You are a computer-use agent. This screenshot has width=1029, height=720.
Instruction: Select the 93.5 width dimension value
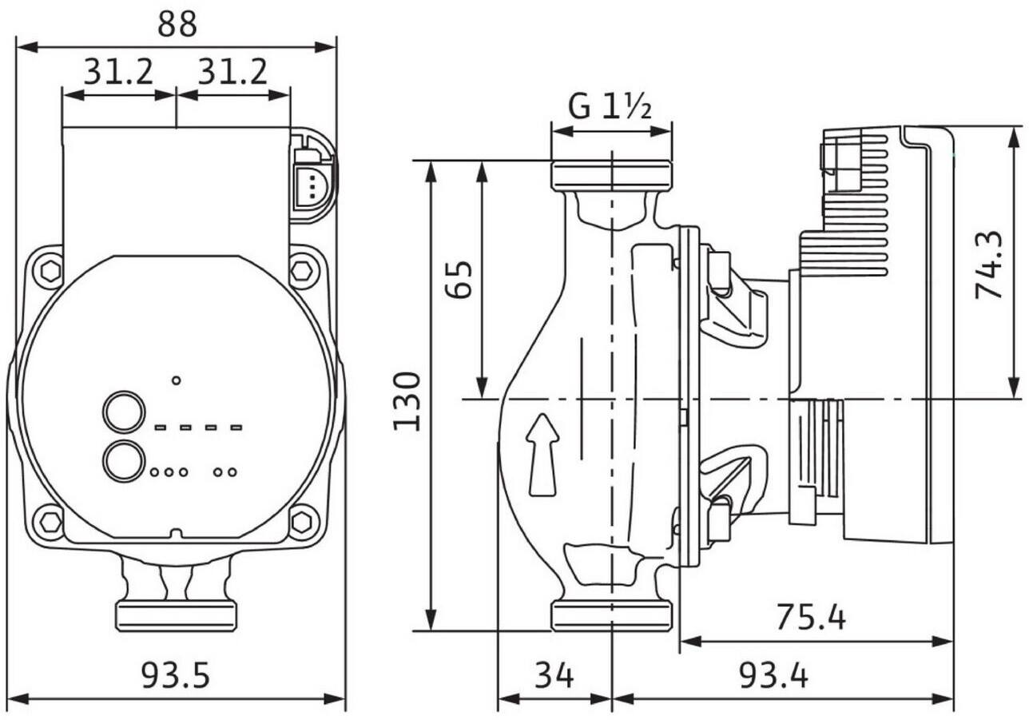coord(176,676)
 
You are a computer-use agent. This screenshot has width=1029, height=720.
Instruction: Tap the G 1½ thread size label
coord(611,105)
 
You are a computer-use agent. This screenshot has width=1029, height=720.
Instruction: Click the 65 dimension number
coord(459,279)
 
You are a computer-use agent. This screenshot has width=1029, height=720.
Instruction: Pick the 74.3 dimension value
coord(989,265)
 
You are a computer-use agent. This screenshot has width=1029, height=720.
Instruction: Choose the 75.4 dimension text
coord(811,616)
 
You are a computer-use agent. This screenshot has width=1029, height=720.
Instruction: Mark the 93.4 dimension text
coord(773,676)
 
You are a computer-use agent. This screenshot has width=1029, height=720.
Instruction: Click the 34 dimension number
coord(554,676)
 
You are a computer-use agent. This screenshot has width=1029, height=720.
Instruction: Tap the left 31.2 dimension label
coord(118,73)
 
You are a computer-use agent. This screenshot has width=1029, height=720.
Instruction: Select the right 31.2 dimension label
coord(232,73)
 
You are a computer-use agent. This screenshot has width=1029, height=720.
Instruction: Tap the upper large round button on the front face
coord(125,412)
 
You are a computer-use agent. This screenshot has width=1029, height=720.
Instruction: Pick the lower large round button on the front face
coord(125,460)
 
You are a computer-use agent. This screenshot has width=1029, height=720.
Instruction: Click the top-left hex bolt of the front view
coord(50,271)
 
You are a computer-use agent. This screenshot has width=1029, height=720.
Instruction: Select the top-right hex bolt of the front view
coord(304,270)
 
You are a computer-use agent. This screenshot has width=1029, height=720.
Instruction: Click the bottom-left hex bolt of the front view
coord(50,523)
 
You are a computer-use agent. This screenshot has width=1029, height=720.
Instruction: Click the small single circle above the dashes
coord(177,380)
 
